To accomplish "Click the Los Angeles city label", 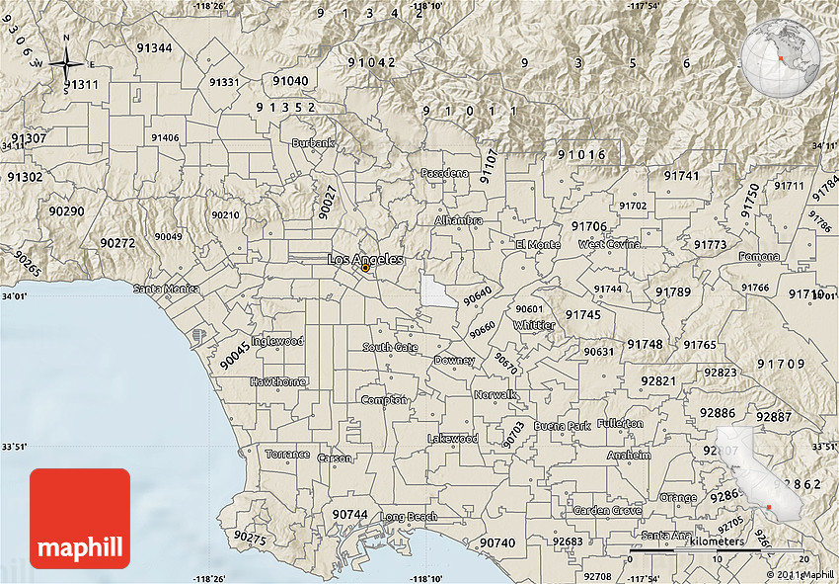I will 364,259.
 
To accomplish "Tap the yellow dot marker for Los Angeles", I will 365,268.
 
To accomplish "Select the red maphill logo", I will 80,519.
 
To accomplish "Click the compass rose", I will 66,64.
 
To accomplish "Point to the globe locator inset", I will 782,58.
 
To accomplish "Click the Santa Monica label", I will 167,290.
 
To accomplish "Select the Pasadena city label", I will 445,173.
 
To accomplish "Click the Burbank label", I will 313,143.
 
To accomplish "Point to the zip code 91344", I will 155,48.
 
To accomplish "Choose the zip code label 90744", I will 349,515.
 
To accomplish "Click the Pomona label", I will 758,257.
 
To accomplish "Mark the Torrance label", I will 287,455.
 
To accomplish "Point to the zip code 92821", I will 658,381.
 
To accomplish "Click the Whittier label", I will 534,325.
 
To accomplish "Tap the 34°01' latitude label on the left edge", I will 13,295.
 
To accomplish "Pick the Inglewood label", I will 277,341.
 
